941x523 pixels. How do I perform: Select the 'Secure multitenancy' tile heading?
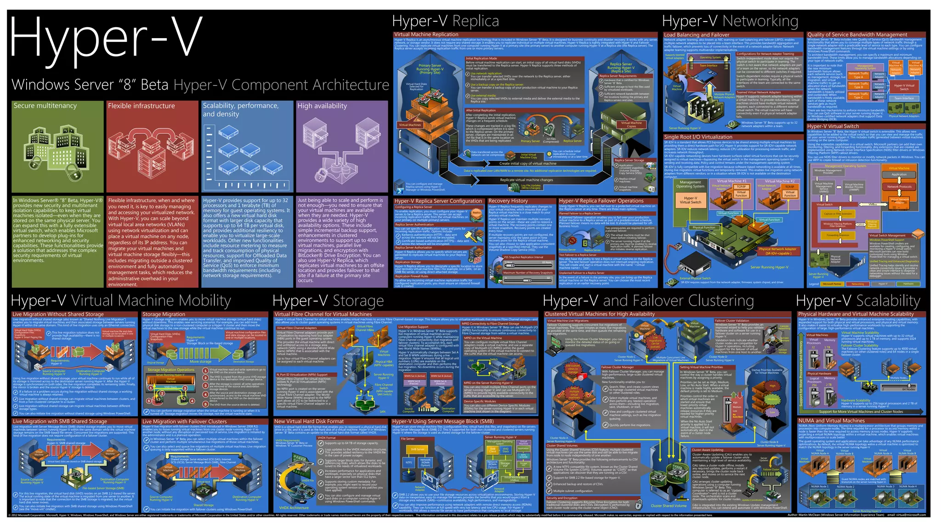(45, 106)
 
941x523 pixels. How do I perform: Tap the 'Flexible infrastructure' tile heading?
(142, 106)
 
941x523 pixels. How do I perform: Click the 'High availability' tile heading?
(322, 106)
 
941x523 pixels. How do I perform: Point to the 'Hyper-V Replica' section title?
(445, 21)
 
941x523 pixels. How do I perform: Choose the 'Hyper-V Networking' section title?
(730, 21)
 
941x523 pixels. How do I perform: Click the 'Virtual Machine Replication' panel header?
(426, 34)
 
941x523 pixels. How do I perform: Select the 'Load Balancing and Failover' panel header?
(697, 35)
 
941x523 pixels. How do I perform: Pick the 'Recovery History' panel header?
(508, 201)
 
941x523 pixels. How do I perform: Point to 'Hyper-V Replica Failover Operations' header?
(601, 201)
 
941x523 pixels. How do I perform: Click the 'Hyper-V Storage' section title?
(328, 301)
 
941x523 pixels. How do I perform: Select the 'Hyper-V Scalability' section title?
(858, 301)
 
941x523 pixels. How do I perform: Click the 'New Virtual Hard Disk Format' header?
(309, 421)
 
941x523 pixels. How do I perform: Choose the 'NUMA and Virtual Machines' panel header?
(832, 421)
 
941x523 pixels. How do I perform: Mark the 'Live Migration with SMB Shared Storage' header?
(60, 421)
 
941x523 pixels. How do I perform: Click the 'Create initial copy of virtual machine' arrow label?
(528, 164)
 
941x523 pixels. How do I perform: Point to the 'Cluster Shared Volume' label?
(669, 506)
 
